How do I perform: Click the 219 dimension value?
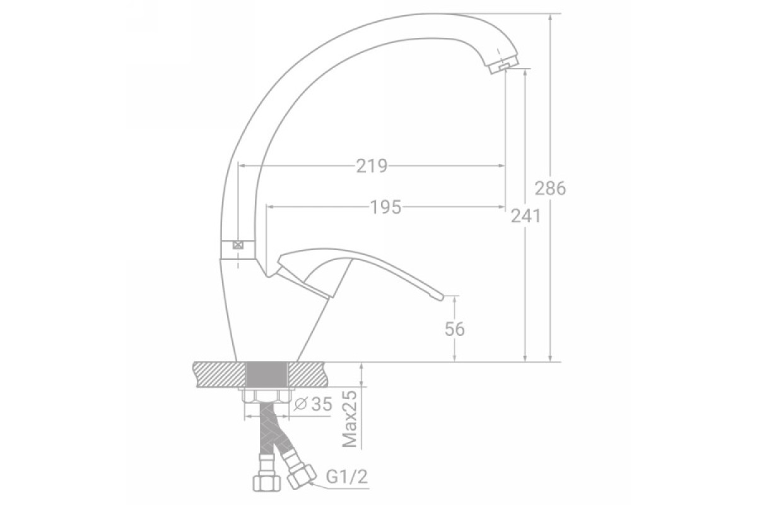tap(372, 166)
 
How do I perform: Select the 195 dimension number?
tap(386, 207)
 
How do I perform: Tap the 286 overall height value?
tap(550, 188)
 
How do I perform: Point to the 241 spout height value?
tap(525, 216)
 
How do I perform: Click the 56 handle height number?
tap(455, 329)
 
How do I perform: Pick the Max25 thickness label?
tap(349, 419)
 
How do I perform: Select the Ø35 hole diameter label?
tap(314, 403)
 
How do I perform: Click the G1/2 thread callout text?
tap(347, 477)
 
